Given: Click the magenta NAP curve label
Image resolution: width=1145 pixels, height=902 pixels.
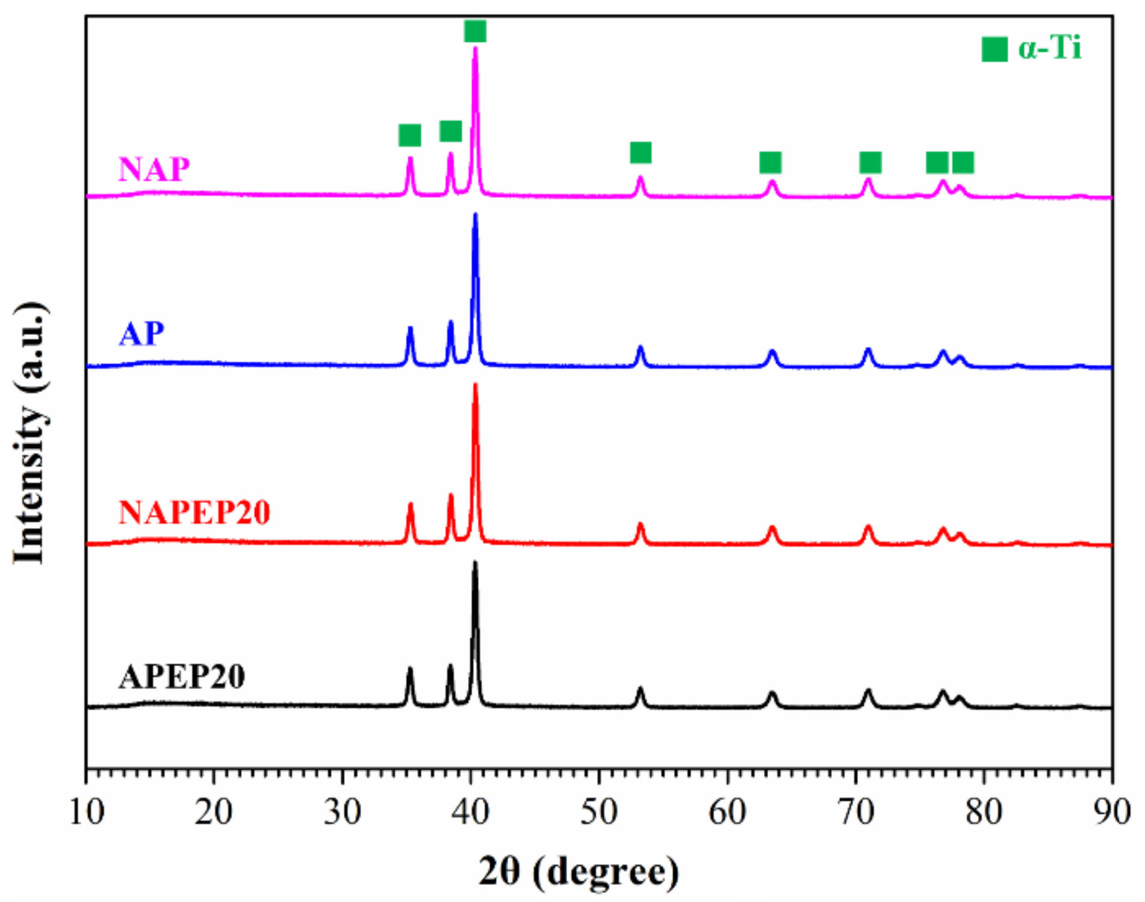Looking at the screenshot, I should point(154,169).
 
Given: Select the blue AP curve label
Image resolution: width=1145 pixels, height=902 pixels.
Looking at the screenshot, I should point(141,334).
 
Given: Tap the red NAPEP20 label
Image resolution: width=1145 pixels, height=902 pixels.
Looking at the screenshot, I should point(194,513).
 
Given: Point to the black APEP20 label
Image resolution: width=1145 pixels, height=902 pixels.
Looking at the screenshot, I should point(181,677).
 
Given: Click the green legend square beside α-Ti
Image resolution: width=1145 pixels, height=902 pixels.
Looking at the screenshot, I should point(994,49).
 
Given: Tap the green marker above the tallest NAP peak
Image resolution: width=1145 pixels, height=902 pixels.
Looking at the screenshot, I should point(475,31).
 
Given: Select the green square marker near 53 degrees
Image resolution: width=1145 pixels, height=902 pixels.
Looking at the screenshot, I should point(640,152).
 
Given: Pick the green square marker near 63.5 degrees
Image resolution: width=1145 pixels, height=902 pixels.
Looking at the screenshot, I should point(770,162).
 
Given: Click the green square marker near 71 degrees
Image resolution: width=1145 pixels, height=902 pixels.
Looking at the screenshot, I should point(870,162).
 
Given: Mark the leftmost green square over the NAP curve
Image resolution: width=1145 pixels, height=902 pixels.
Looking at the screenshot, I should point(409,135).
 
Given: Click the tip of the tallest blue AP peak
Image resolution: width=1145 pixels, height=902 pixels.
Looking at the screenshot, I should point(475,215).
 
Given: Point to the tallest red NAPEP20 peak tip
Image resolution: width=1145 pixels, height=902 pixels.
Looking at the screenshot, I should point(475,385).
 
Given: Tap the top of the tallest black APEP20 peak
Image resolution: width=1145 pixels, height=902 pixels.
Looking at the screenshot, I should point(475,564).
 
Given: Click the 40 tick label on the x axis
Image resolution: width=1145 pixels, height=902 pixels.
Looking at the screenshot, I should point(470,812).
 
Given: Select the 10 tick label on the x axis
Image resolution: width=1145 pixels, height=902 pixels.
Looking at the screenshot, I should point(86,812).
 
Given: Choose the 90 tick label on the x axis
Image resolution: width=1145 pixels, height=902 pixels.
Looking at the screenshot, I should point(1112,812).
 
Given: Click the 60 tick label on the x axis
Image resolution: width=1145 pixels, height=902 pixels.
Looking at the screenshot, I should point(727,812).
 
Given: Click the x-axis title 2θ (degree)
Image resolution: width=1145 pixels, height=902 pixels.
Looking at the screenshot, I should point(579,871).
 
